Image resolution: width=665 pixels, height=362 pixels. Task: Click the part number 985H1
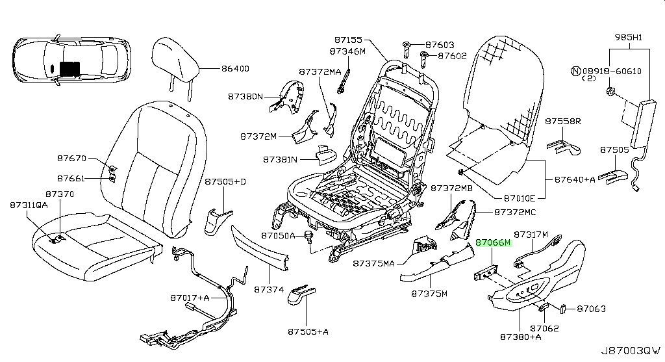click(x=628, y=37)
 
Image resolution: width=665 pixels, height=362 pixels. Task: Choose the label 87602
click(x=452, y=56)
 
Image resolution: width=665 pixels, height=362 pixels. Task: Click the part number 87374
click(x=269, y=289)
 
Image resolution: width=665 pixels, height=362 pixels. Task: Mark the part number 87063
click(x=591, y=309)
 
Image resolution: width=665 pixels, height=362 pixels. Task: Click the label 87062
click(x=544, y=328)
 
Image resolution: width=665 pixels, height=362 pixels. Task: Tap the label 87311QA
click(x=29, y=205)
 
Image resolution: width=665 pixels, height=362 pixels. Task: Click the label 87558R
click(x=563, y=122)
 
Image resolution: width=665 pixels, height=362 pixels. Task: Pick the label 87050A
click(x=278, y=235)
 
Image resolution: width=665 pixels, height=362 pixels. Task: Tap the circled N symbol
click(x=575, y=70)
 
